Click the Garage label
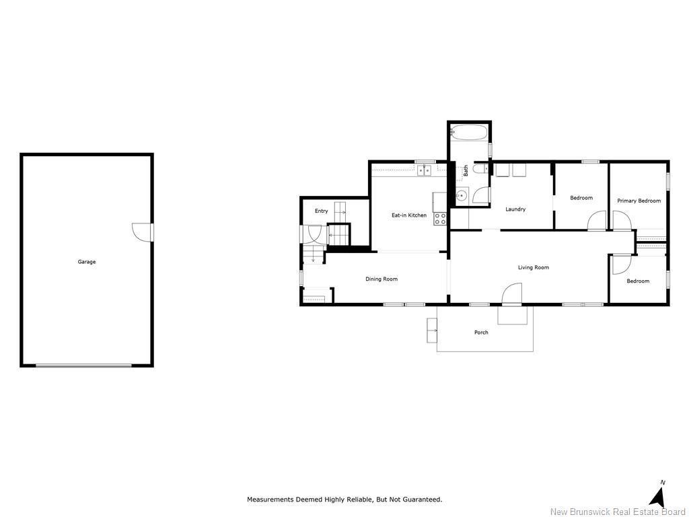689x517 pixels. [x=87, y=262]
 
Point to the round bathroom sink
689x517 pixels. [x=461, y=197]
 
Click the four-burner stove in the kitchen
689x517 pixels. [x=440, y=219]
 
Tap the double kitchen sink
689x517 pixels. [x=424, y=171]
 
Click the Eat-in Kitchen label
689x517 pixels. [x=409, y=215]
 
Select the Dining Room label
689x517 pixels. [x=382, y=279]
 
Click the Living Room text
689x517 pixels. [x=533, y=267]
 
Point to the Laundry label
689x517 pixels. [x=515, y=209]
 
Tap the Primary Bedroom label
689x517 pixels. [x=639, y=201]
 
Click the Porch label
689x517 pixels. [x=481, y=333]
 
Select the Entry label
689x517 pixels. [x=322, y=211]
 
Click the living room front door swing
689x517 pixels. [x=512, y=294]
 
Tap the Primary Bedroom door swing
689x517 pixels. [x=621, y=221]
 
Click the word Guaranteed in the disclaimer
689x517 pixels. [x=421, y=499]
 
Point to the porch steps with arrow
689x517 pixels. [x=431, y=331]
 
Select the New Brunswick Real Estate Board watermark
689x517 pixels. [x=618, y=512]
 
